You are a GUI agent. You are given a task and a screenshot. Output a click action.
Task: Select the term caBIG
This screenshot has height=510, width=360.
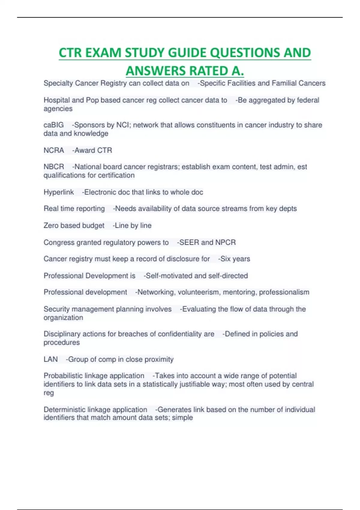coord(54,125)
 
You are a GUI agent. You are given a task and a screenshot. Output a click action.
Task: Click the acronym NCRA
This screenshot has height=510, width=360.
coord(54,150)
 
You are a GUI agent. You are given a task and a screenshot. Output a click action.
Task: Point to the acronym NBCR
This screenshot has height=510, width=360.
coord(54,167)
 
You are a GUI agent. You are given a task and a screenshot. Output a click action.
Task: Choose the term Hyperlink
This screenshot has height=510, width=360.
coord(58,192)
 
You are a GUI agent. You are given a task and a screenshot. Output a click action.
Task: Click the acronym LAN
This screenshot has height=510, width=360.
coord(50,359)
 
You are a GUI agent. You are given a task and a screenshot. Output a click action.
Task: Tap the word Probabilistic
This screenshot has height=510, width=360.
coord(64,376)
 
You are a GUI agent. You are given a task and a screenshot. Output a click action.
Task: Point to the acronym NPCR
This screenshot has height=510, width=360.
coord(225,242)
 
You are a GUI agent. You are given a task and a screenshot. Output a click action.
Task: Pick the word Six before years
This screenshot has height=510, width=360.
coord(225,259)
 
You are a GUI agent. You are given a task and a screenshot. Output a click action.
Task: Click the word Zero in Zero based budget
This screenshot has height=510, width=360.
coord(51,225)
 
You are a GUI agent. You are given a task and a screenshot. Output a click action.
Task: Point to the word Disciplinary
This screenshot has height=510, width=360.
coord(62,334)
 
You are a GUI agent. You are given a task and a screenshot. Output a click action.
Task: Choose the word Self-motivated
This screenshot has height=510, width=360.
coord(169,276)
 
